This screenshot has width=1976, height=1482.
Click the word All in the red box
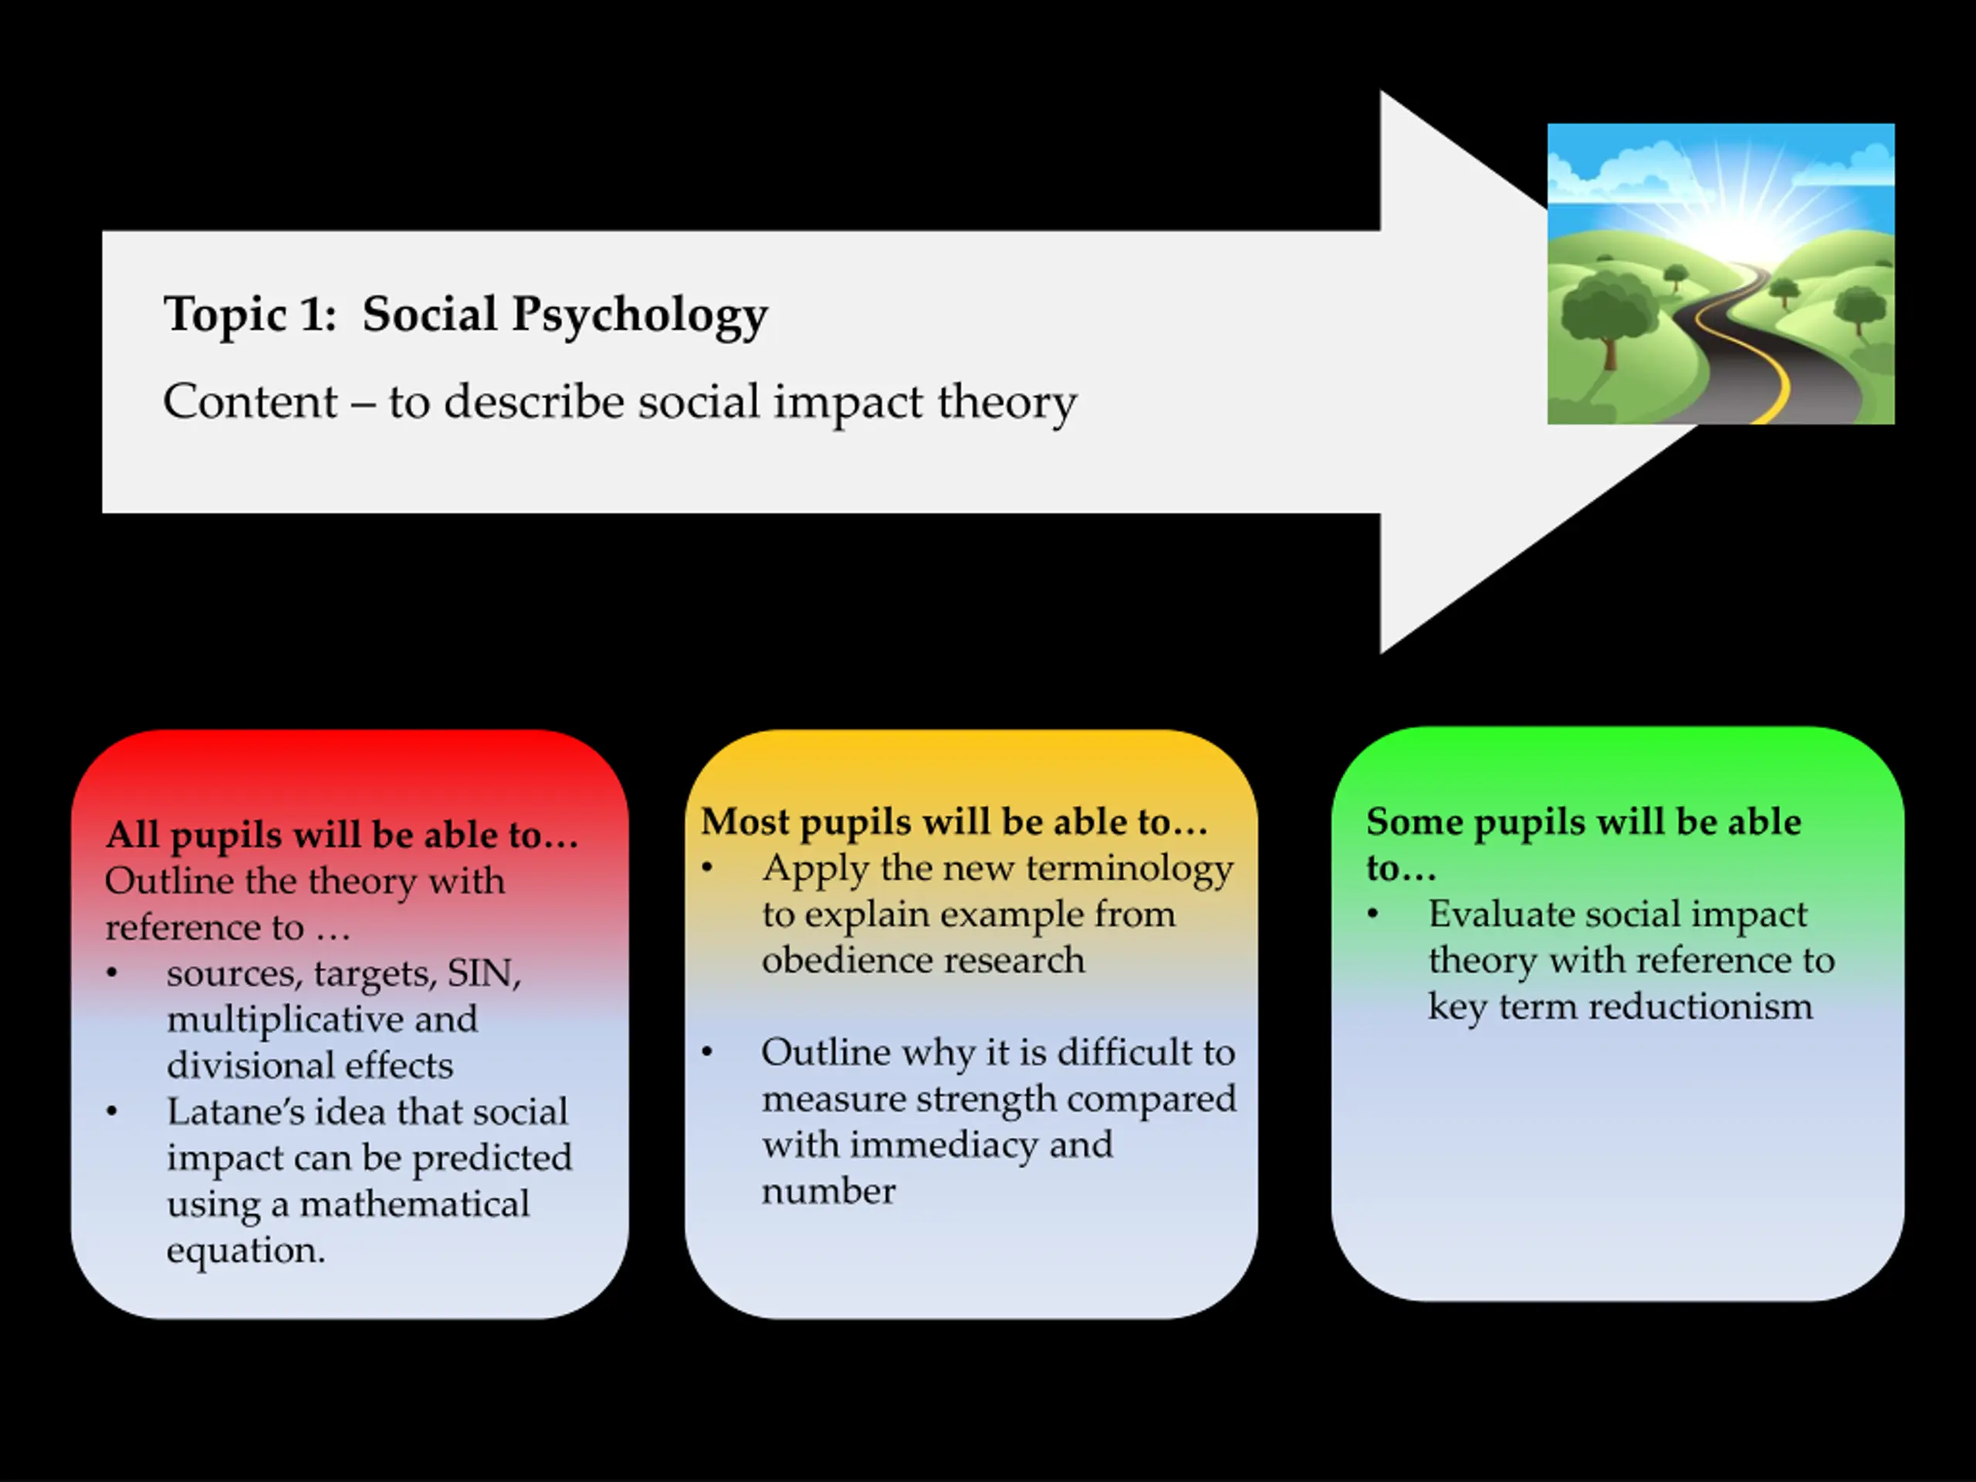click(132, 835)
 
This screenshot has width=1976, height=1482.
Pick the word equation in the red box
click(245, 1250)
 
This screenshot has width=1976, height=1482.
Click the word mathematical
click(414, 1204)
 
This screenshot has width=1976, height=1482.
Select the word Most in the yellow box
click(745, 822)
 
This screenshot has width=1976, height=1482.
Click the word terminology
click(1129, 868)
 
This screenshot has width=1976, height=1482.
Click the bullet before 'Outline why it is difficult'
click(708, 1052)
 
